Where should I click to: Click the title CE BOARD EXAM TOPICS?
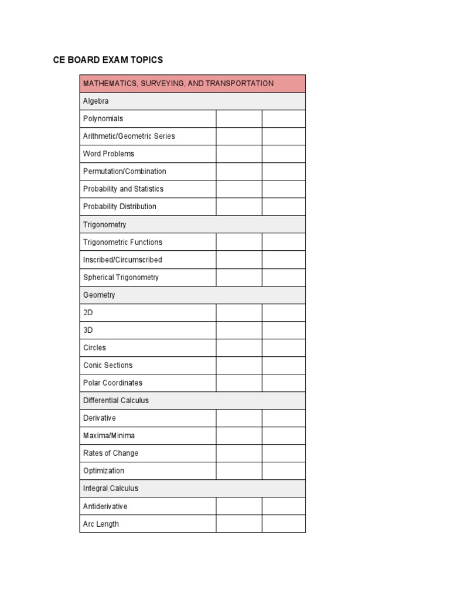(x=108, y=60)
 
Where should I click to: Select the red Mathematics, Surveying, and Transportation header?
(x=178, y=83)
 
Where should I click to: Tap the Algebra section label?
(x=96, y=101)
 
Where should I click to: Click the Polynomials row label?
(x=103, y=118)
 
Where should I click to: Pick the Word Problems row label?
(x=108, y=154)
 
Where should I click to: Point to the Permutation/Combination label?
(x=124, y=171)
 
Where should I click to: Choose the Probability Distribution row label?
(x=120, y=206)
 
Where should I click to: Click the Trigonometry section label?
(x=104, y=224)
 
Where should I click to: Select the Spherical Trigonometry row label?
(x=121, y=277)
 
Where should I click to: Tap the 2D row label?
(x=88, y=312)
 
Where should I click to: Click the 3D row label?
(x=88, y=330)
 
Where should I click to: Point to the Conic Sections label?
(x=108, y=365)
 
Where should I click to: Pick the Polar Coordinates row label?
(x=112, y=383)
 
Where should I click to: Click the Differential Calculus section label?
(x=116, y=400)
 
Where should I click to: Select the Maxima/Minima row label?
(x=108, y=435)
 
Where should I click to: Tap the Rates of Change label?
(x=111, y=453)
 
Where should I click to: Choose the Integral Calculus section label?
(x=111, y=488)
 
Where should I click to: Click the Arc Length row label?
(x=101, y=524)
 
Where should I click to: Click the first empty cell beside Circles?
(x=239, y=347)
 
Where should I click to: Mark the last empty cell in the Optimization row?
(x=284, y=471)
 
